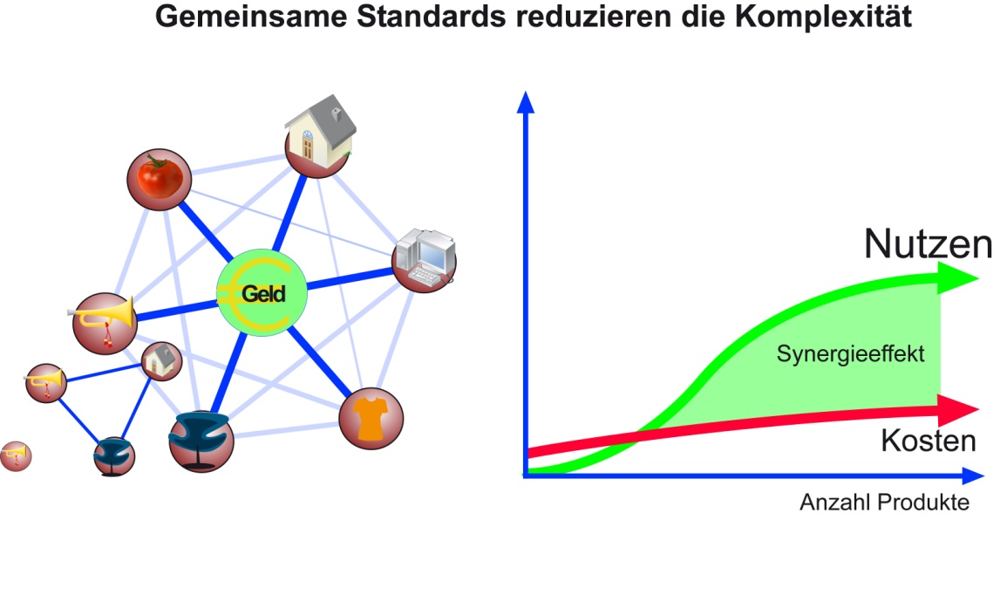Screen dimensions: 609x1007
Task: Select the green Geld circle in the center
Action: click(x=262, y=293)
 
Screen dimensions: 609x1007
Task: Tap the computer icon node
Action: click(x=424, y=260)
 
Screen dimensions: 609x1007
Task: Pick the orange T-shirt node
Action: click(x=371, y=419)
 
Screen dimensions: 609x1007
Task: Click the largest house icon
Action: click(x=320, y=135)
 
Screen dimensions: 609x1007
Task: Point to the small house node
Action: click(x=161, y=360)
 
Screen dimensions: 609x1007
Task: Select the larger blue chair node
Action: click(x=201, y=439)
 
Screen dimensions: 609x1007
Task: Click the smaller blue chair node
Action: click(x=114, y=456)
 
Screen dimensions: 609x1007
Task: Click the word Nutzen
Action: click(x=928, y=245)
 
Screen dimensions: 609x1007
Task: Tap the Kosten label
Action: click(x=928, y=441)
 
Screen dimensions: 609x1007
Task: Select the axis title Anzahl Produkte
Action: click(x=883, y=503)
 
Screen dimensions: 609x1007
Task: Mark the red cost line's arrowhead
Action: click(x=959, y=407)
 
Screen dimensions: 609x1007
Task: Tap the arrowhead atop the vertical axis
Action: click(x=525, y=103)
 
